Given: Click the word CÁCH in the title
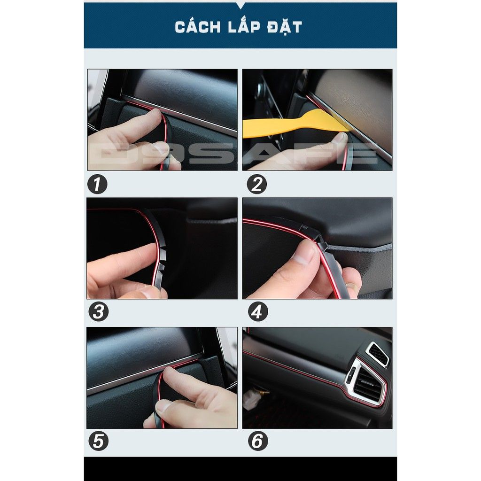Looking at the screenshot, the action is point(198,27).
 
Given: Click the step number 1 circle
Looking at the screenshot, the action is point(97,184).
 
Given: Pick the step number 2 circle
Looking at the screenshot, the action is point(257,184).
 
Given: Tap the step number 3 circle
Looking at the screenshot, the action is point(99,311).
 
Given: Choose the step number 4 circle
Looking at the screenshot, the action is point(258,311).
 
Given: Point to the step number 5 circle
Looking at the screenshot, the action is point(99,441).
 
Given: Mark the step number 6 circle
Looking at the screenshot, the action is point(258,441).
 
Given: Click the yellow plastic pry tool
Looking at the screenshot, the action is point(295,124).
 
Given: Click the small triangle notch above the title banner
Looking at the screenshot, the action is point(240,5).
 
